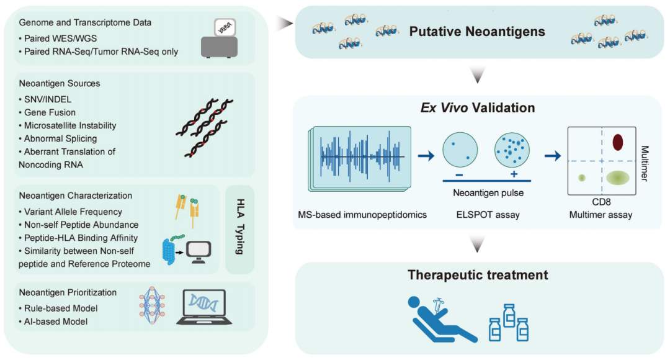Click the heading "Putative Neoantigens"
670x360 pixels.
(x=477, y=32)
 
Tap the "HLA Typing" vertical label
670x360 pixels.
(x=240, y=227)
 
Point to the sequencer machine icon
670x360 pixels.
(x=219, y=38)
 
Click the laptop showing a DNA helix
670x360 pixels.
(x=204, y=307)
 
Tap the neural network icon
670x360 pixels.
(x=152, y=307)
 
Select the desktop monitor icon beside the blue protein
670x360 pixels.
(x=199, y=252)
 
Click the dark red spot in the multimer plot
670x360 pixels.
(x=617, y=142)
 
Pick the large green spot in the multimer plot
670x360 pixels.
(x=617, y=178)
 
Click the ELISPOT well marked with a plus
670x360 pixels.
(x=512, y=150)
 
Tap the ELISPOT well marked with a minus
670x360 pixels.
(x=460, y=150)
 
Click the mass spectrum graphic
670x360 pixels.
(x=360, y=158)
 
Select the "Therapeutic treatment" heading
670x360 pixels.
(x=478, y=275)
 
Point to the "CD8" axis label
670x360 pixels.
(x=601, y=202)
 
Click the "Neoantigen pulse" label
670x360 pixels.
(x=488, y=193)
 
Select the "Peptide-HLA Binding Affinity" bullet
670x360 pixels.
(x=79, y=238)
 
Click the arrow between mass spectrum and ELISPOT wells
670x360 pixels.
(x=426, y=156)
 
